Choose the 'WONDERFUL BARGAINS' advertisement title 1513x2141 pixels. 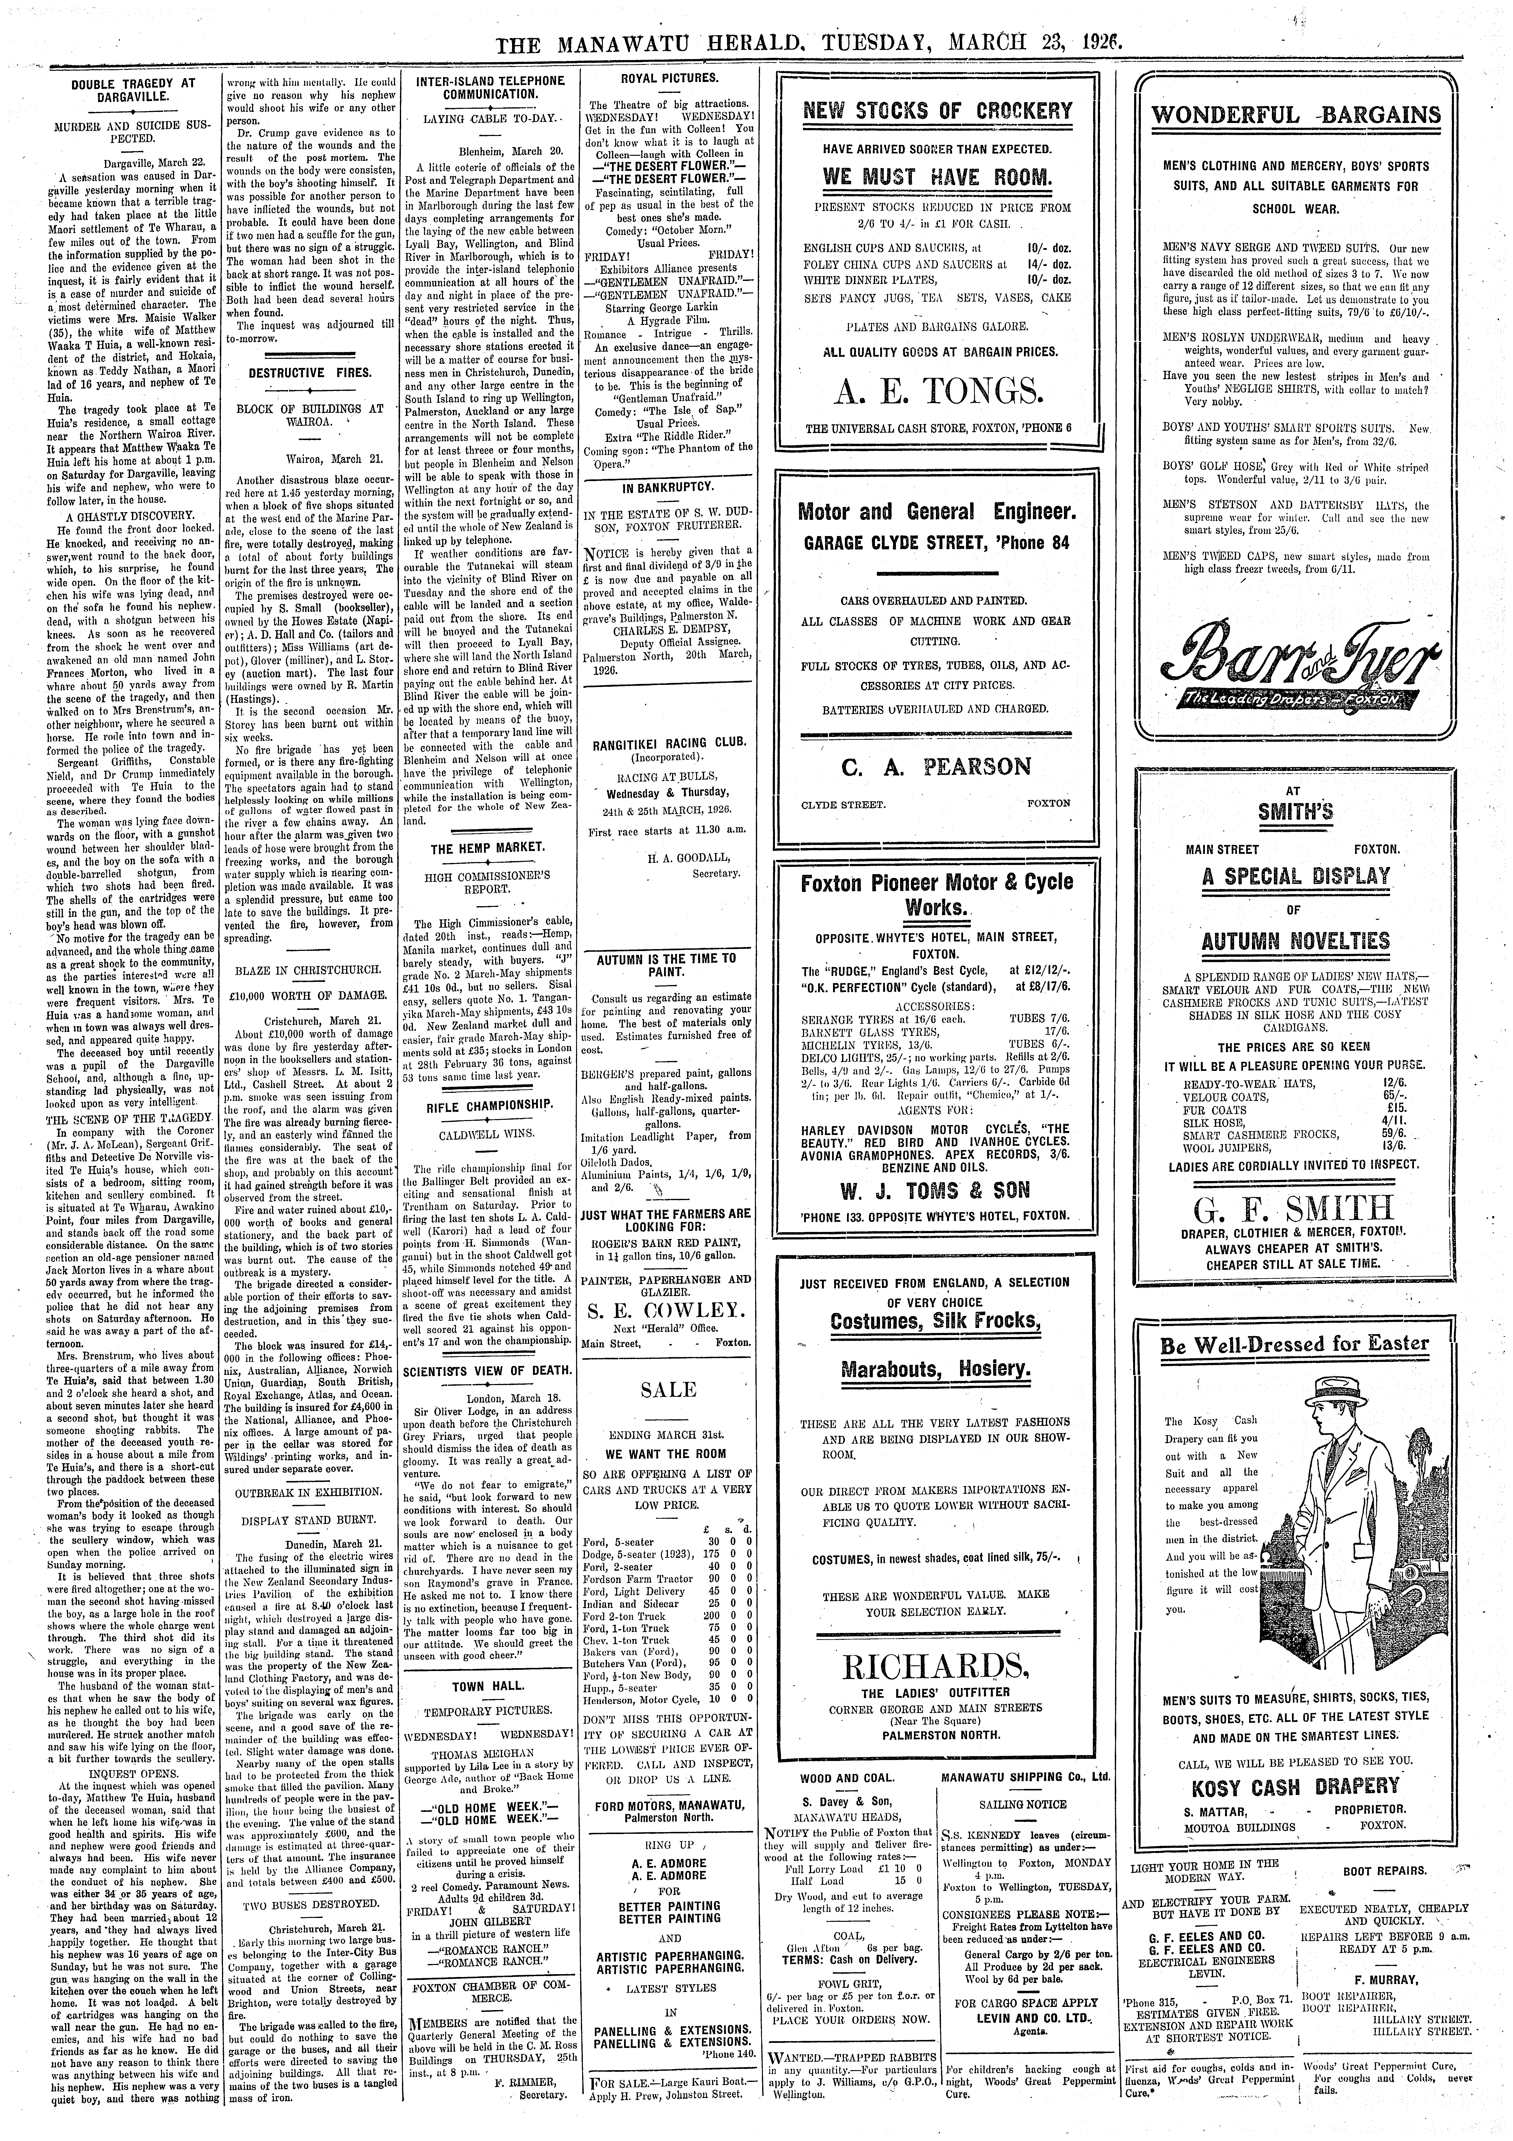1296,115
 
